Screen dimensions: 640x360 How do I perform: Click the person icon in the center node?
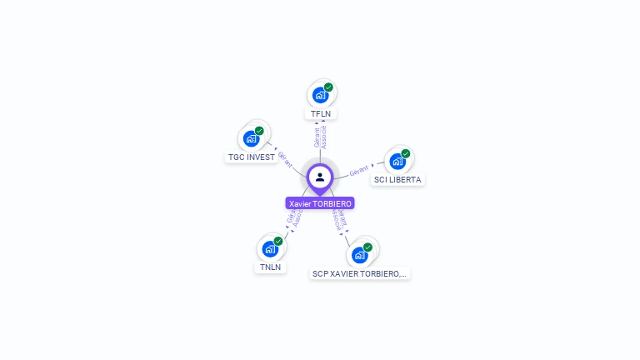[x=320, y=177]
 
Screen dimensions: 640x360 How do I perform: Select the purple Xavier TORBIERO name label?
[x=320, y=203]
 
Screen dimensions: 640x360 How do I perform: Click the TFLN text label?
[x=320, y=113]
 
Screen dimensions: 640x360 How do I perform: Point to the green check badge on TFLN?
[x=328, y=87]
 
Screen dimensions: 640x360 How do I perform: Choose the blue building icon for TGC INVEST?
[x=251, y=138]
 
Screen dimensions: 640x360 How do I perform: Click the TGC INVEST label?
[x=251, y=157]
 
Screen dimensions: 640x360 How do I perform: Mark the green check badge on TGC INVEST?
[x=259, y=131]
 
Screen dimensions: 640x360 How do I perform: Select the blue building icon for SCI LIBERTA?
[x=397, y=161]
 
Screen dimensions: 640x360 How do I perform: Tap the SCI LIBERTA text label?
[x=398, y=179]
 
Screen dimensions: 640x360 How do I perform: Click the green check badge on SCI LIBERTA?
[x=406, y=153]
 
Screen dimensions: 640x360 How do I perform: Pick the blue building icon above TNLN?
[x=269, y=248]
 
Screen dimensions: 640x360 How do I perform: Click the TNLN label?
[x=269, y=267]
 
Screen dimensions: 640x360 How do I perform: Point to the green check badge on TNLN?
[x=278, y=241]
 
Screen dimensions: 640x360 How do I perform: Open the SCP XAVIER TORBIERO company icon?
[x=359, y=255]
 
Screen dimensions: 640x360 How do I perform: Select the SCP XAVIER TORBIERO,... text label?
[x=360, y=273]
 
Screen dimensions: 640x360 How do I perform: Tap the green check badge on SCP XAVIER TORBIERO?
[x=367, y=247]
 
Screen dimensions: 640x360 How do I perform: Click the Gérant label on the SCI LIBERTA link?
[x=359, y=171]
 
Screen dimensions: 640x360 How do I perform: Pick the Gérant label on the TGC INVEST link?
[x=284, y=159]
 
